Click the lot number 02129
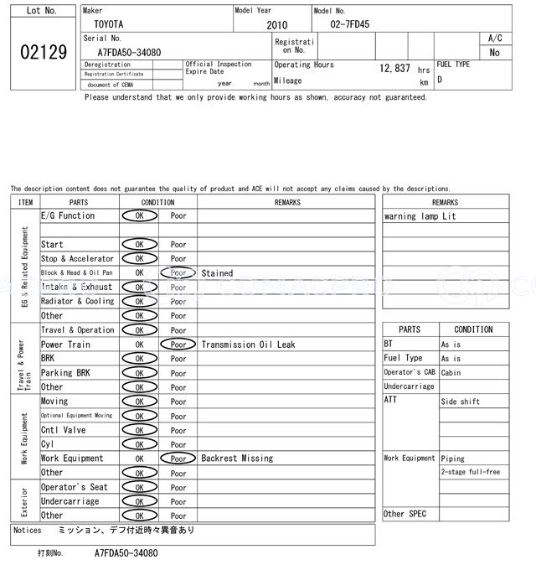click(43, 52)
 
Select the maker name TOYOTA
click(108, 25)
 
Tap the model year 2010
click(276, 25)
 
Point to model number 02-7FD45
click(350, 25)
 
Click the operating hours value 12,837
click(394, 68)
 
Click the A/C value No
click(494, 52)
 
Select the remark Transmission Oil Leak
click(248, 345)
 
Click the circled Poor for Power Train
click(178, 345)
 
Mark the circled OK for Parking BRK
click(139, 373)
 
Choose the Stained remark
click(217, 273)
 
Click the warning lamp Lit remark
click(420, 216)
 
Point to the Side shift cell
click(461, 402)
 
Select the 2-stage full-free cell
click(470, 472)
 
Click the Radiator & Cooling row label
click(77, 302)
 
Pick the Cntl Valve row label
click(64, 430)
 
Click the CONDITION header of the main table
click(157, 202)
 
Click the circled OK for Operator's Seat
click(139, 487)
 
